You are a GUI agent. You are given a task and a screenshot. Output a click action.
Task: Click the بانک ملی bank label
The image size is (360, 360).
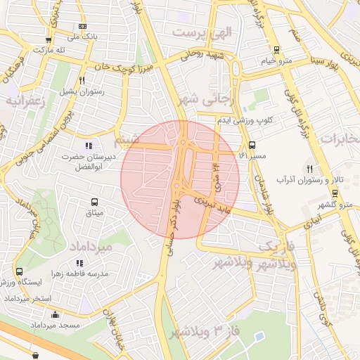tap(82, 36)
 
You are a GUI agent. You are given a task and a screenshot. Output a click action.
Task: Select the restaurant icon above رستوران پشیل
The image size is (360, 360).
tap(82, 80)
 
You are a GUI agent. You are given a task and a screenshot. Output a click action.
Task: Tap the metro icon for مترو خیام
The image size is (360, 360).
tap(276, 50)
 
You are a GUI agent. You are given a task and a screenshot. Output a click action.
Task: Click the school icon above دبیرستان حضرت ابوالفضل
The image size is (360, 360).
tap(88, 145)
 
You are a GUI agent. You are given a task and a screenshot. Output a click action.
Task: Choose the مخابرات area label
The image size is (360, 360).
tap(339, 140)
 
